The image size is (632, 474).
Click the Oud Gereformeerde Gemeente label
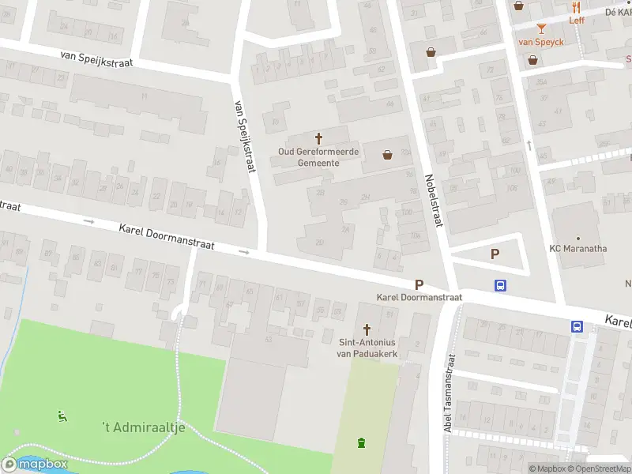(318, 156)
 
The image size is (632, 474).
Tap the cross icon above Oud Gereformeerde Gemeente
(319, 137)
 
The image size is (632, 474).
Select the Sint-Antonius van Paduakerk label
(367, 348)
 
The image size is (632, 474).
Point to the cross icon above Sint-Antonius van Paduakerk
(367, 329)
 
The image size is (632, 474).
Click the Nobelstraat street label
(431, 201)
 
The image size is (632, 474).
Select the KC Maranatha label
(578, 248)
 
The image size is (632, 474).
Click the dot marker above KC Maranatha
(578, 237)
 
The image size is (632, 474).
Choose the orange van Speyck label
(541, 42)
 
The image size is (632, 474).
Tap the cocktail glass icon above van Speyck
(541, 29)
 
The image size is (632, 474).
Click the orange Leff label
(577, 20)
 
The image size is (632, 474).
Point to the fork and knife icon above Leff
(577, 7)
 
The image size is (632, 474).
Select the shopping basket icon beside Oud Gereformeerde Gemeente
(388, 155)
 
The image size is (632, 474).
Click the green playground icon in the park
(62, 416)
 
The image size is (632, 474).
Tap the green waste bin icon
(362, 442)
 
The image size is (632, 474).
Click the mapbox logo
(35, 464)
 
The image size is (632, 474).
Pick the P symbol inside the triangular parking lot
(495, 254)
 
